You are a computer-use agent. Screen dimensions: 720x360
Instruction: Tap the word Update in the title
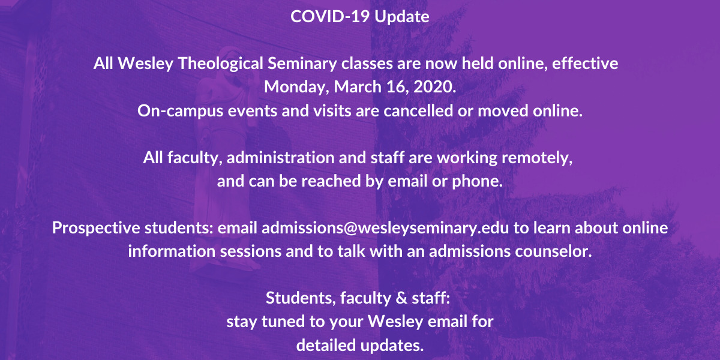click(x=402, y=17)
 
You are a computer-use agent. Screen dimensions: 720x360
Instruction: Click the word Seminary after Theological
click(x=302, y=64)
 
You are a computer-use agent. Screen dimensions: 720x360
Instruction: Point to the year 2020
click(x=434, y=87)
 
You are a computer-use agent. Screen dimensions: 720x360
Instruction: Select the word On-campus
click(x=181, y=111)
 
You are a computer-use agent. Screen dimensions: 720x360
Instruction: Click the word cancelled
click(x=418, y=110)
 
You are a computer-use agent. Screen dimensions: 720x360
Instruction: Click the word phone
click(x=478, y=182)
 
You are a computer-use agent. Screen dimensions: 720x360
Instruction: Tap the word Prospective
click(x=96, y=228)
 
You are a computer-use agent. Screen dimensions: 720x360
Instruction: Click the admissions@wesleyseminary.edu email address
click(x=385, y=228)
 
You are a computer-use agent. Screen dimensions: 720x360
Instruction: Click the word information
click(x=172, y=251)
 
